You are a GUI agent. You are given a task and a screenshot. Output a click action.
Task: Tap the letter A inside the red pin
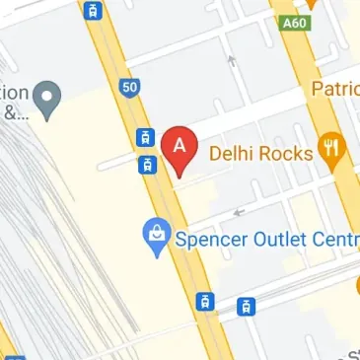pos(179,144)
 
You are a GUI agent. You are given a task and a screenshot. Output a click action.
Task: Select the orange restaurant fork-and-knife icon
pos(330,152)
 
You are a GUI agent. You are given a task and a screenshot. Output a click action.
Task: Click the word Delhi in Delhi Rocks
pos(234,153)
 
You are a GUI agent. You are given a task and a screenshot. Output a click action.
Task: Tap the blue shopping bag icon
pos(156,237)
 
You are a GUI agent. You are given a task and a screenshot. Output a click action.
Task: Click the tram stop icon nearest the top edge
pos(93,12)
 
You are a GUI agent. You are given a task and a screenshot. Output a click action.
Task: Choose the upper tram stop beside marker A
pos(145,138)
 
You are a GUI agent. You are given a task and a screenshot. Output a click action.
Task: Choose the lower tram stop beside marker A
pos(145,164)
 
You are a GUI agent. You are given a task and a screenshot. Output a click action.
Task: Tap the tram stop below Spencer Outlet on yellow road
pos(205,300)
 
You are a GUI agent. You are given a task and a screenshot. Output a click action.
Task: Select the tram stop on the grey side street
pos(246,306)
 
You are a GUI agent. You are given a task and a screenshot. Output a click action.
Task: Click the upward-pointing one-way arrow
pos(232,62)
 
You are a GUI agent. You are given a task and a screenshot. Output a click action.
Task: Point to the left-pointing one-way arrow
pos(237,211)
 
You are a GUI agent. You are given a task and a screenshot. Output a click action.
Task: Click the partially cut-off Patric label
pos(335,89)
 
